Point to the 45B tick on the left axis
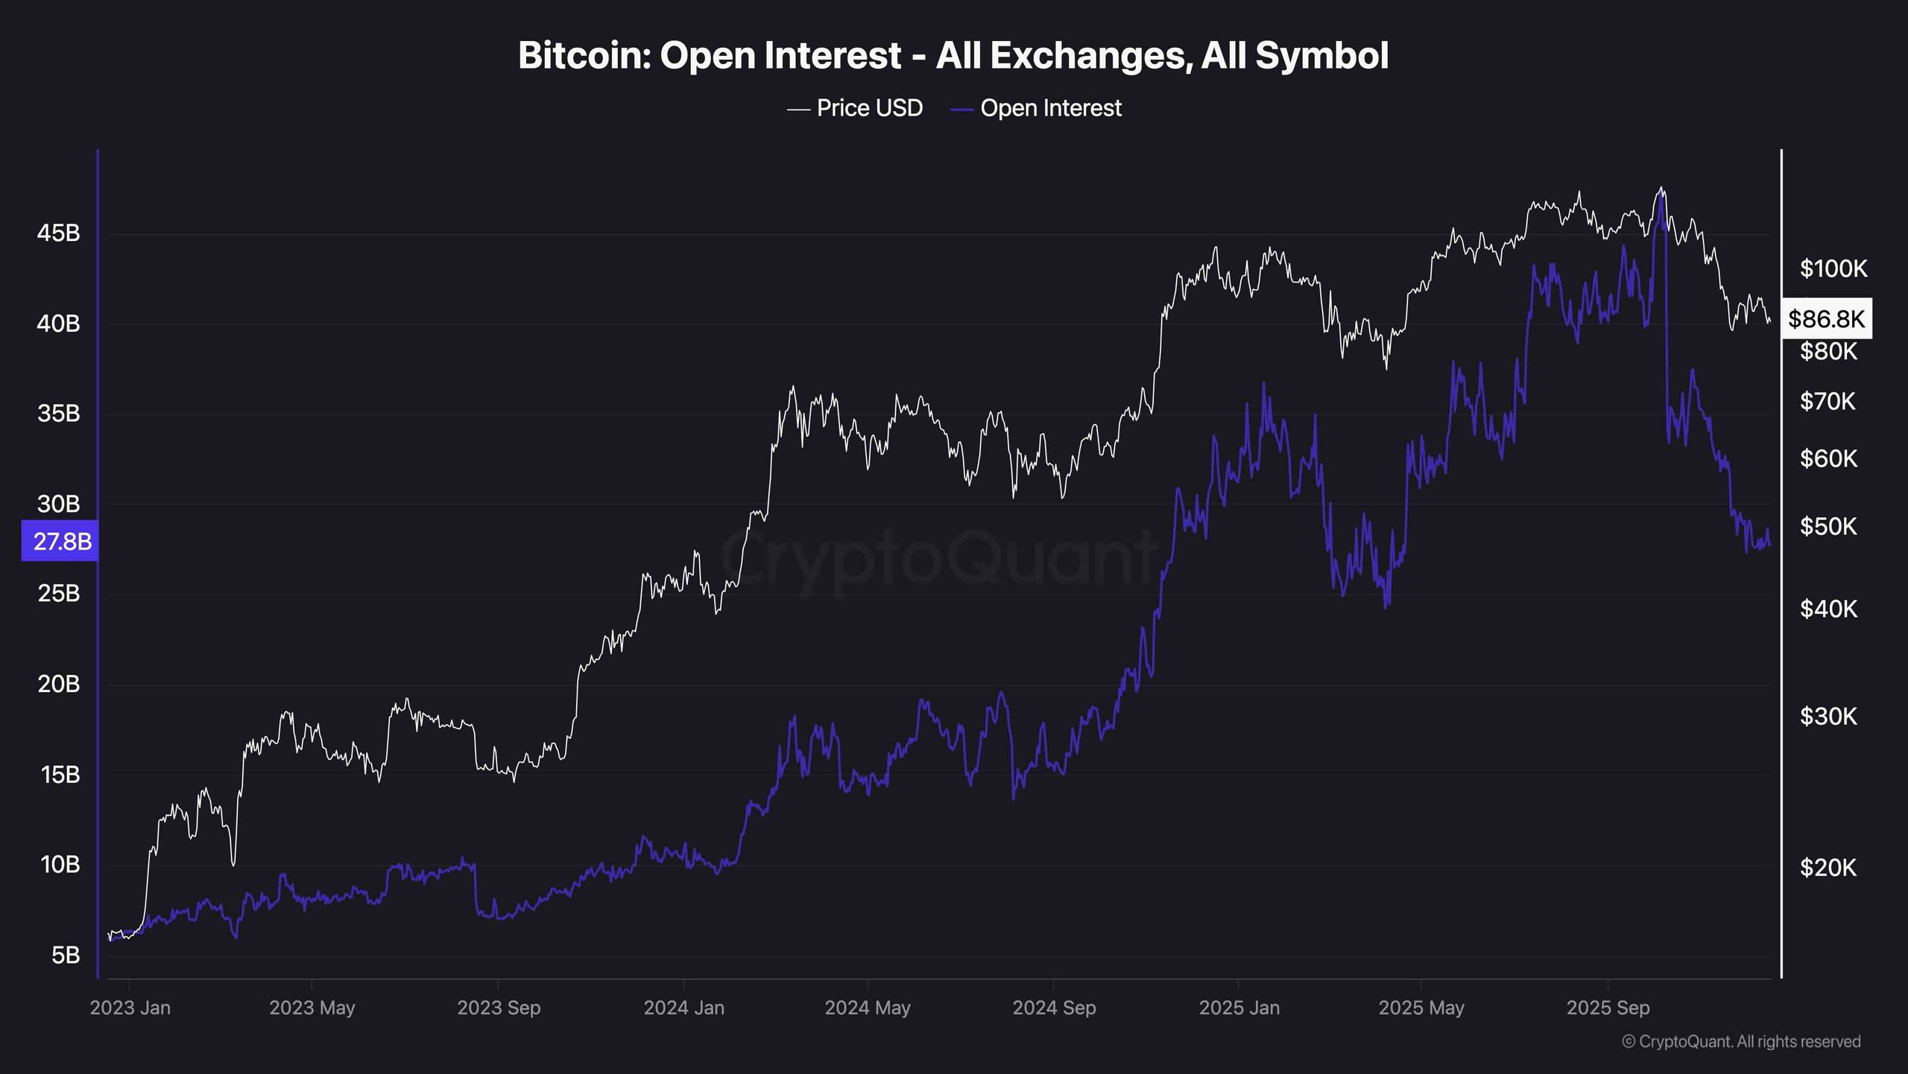pos(58,233)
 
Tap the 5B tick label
pos(65,955)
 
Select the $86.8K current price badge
pos(1826,319)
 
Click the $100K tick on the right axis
pos(1833,268)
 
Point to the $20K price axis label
pos(1828,867)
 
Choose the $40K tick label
pos(1828,609)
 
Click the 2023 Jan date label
pos(130,1008)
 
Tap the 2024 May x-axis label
pos(867,1008)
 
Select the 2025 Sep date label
pos(1608,1008)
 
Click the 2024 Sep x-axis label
pos(1053,1008)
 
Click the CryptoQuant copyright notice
pos(1741,1042)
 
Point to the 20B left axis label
pos(58,684)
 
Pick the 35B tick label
pos(58,413)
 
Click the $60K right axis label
pos(1828,459)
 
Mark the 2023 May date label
pos(312,1008)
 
